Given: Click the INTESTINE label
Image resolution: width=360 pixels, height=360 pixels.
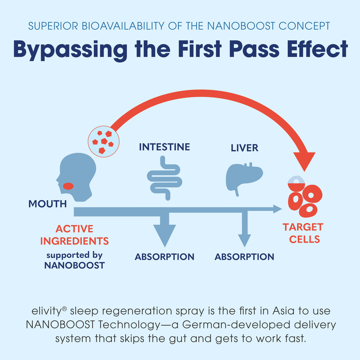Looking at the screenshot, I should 164,147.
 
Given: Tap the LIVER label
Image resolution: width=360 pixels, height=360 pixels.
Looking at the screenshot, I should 244,148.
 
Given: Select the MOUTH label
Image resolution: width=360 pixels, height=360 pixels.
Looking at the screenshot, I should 48,204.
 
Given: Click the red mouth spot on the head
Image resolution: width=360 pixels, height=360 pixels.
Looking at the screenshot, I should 68,186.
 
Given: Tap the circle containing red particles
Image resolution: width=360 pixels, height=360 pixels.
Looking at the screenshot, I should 104,141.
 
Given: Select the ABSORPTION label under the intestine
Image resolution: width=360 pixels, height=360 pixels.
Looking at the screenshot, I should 164,257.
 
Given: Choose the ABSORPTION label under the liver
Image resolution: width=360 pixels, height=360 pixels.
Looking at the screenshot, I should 244,257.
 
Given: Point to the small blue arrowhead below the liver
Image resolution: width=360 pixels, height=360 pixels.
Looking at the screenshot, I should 244,240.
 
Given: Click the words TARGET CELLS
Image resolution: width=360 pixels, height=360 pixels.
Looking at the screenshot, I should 303,233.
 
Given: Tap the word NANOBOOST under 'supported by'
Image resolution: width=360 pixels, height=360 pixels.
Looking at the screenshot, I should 74,265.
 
